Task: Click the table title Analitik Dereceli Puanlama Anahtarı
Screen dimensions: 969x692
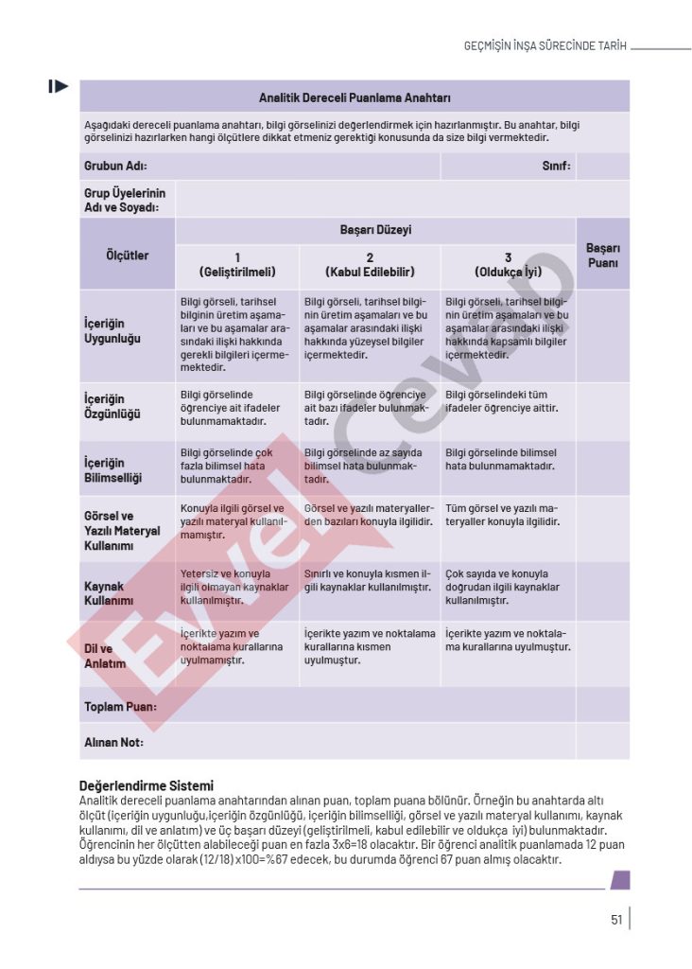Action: click(x=355, y=97)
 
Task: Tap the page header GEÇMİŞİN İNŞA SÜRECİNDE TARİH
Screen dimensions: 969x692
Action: click(x=545, y=45)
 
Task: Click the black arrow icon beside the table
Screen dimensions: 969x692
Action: click(x=59, y=87)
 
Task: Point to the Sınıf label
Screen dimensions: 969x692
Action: click(x=556, y=166)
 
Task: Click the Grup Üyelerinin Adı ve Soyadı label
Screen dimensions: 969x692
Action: click(x=125, y=200)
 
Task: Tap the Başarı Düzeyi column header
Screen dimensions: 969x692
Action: click(x=375, y=230)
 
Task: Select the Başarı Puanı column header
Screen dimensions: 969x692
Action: click(x=602, y=255)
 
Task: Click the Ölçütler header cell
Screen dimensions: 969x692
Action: click(x=128, y=255)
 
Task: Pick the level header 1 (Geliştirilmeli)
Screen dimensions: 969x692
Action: click(x=237, y=264)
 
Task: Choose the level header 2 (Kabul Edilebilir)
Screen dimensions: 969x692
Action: click(x=370, y=264)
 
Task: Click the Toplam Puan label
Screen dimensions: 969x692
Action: click(x=120, y=707)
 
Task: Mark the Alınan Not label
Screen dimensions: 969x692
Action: click(x=113, y=742)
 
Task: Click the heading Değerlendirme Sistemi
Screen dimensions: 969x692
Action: click(x=146, y=785)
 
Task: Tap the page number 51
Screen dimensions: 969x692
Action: click(x=616, y=919)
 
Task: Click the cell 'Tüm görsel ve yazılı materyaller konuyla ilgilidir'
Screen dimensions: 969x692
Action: click(x=502, y=515)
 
